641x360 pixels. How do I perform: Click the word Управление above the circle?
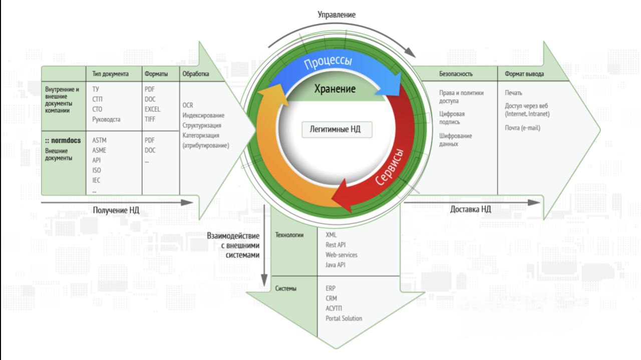[337, 15]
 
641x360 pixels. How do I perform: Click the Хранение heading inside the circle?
[335, 89]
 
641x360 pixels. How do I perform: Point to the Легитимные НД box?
[331, 130]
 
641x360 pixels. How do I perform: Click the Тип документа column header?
[110, 74]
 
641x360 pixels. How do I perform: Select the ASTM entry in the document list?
[100, 140]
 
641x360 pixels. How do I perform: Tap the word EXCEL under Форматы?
[152, 109]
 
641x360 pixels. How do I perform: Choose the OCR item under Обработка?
[188, 105]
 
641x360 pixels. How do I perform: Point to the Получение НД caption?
[116, 209]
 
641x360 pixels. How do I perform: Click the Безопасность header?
[456, 74]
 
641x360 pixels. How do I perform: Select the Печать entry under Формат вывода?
[514, 93]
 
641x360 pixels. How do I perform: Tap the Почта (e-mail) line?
[522, 128]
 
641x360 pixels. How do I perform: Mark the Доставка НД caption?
[470, 209]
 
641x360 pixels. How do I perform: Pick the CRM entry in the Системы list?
[332, 298]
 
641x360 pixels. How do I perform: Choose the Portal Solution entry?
[344, 318]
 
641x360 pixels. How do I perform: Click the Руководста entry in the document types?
[106, 119]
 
